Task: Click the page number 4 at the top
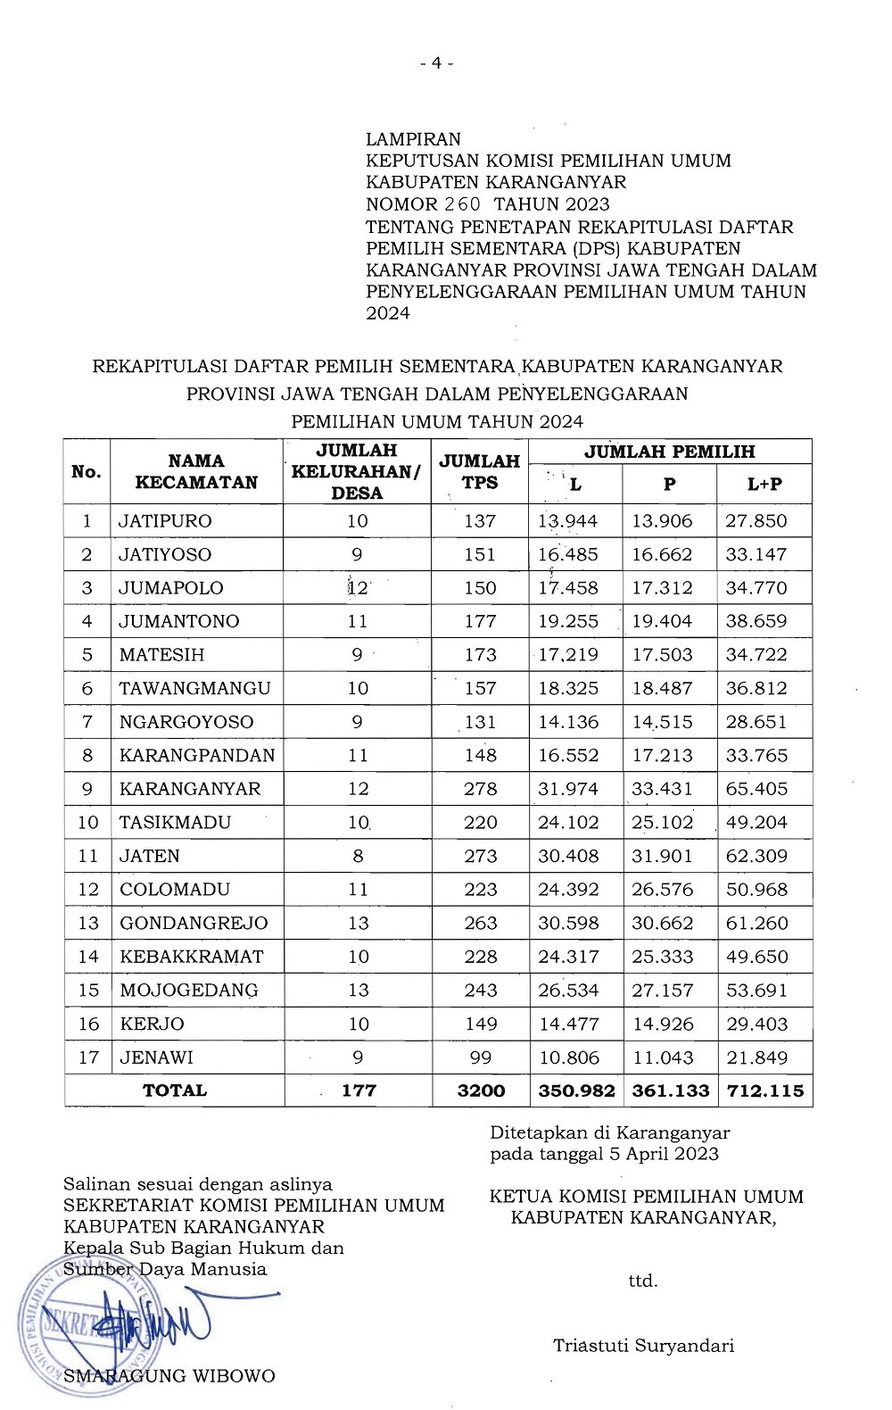pyautogui.click(x=437, y=63)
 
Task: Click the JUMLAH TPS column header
pyautogui.click(x=480, y=472)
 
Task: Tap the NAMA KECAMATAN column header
pyautogui.click(x=196, y=472)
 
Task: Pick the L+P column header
pyautogui.click(x=764, y=485)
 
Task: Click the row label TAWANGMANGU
pyautogui.click(x=195, y=688)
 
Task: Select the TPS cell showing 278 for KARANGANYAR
pyautogui.click(x=480, y=789)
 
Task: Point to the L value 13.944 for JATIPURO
pyautogui.click(x=568, y=521)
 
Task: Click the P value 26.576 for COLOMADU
pyautogui.click(x=662, y=890)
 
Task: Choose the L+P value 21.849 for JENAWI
pyautogui.click(x=756, y=1057)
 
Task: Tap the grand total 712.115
pyautogui.click(x=764, y=1091)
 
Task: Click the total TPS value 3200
pyautogui.click(x=481, y=1091)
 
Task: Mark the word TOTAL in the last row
pyautogui.click(x=175, y=1091)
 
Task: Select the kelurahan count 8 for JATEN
pyautogui.click(x=358, y=856)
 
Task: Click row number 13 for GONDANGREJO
pyautogui.click(x=87, y=923)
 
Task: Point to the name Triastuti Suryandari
pyautogui.click(x=643, y=1346)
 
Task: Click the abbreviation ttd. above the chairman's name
pyautogui.click(x=643, y=1281)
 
